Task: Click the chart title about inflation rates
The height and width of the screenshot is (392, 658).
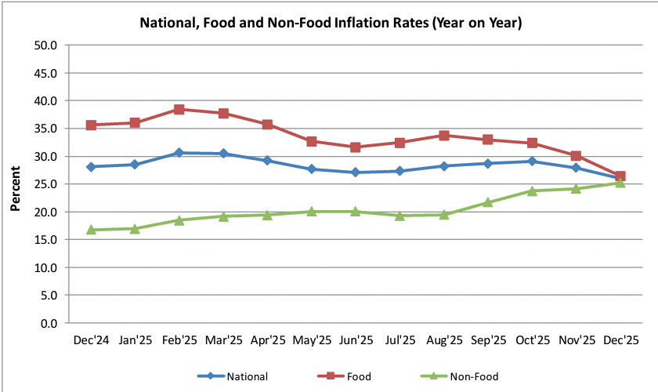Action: point(330,24)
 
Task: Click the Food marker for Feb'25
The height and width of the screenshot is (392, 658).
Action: point(179,110)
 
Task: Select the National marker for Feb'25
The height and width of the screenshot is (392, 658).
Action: point(179,153)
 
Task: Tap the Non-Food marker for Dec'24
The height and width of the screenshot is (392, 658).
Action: point(91,230)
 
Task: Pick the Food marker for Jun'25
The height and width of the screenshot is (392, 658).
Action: point(356,147)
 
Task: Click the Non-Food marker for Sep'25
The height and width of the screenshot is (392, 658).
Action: point(488,202)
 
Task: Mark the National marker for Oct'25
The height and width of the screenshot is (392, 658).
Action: point(532,162)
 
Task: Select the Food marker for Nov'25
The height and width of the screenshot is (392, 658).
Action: point(576,156)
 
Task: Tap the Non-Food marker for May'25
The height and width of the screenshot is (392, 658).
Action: point(312,212)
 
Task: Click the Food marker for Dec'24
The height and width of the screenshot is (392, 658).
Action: point(91,125)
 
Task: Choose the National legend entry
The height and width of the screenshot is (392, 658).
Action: point(239,376)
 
